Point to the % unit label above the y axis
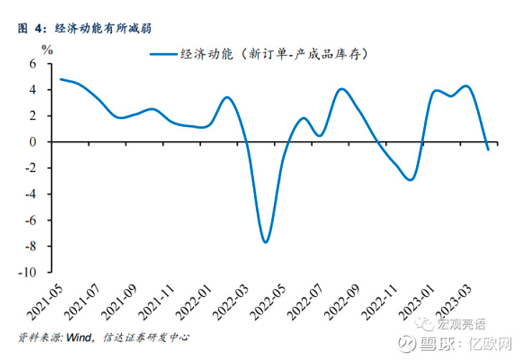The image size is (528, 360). tap(47, 50)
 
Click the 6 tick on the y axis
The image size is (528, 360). tap(32, 64)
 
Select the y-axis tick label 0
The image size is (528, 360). tap(32, 142)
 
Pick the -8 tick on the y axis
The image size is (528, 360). tap(29, 247)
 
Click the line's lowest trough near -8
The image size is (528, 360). tap(265, 242)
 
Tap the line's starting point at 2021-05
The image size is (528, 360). tap(60, 79)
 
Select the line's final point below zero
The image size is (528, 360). tap(489, 149)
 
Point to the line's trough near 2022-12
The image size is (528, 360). tap(410, 179)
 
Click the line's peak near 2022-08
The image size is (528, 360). tap(342, 89)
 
